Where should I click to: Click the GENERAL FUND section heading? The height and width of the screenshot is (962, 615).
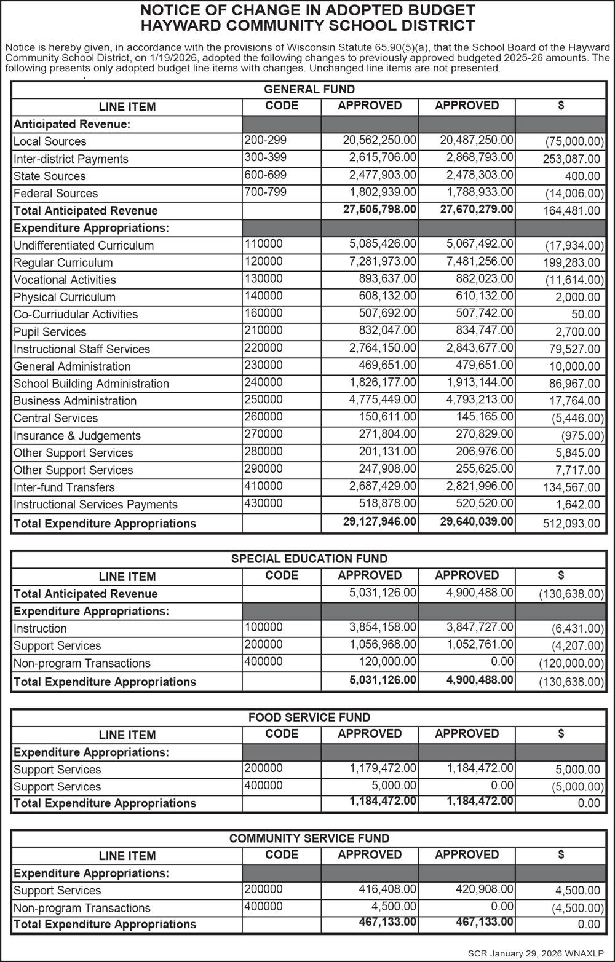coord(309,90)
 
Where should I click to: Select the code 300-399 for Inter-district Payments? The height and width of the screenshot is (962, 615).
coord(265,157)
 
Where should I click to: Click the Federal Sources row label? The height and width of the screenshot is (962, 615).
coord(55,193)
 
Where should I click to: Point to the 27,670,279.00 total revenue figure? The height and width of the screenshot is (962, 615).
coord(477,209)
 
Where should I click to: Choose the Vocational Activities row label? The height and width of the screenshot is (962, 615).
coord(65,280)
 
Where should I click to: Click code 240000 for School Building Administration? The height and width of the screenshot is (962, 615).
coord(264,382)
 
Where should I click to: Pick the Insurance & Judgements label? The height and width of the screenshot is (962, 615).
coord(77,435)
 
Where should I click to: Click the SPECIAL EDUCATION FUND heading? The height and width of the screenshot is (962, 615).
coord(309,559)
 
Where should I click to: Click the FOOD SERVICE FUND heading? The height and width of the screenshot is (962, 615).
coord(309,717)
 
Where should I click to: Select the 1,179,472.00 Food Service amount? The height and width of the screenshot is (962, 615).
coord(383,768)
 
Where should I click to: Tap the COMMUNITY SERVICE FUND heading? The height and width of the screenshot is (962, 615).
coord(309,838)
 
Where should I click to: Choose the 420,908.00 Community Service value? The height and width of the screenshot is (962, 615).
coord(480,889)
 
